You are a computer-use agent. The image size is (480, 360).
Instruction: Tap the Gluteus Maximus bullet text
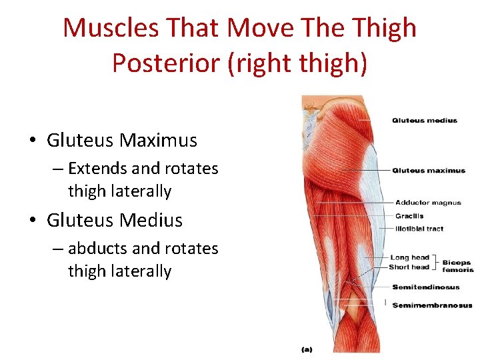click(122, 141)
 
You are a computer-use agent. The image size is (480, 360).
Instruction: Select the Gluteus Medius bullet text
click(115, 220)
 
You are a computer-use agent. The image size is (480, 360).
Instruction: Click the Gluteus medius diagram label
click(425, 121)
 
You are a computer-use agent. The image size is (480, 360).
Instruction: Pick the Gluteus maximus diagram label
click(429, 171)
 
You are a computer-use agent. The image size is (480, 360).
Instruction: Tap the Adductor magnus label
click(428, 203)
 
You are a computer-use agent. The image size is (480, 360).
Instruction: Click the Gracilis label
click(409, 216)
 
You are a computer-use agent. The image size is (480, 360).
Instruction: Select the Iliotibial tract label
click(419, 229)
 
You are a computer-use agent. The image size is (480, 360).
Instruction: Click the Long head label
click(409, 257)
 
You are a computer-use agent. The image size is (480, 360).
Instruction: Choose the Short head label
click(409, 267)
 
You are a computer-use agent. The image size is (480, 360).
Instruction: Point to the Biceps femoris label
click(457, 266)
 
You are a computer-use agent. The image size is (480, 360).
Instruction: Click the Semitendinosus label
click(425, 287)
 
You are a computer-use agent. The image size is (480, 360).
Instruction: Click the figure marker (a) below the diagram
click(307, 349)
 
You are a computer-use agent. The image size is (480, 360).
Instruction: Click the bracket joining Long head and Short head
click(435, 262)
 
